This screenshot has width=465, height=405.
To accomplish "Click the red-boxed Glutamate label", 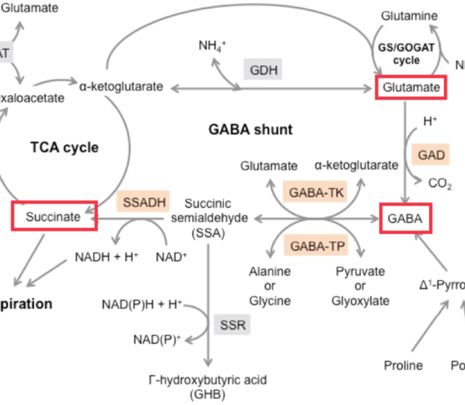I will point(410,87).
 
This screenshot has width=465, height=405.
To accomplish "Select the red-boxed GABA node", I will point(405,219).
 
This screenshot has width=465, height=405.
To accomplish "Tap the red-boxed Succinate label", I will point(54,217).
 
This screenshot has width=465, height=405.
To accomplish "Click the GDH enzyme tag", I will point(262,69).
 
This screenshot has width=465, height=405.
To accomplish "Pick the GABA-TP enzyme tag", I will point(315,246).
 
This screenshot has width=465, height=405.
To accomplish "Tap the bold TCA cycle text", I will point(64,147).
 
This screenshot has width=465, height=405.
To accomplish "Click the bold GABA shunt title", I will point(250,130).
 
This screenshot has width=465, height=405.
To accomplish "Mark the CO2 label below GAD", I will point(440,184).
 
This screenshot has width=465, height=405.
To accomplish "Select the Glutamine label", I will point(409,15).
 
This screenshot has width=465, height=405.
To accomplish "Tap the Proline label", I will point(403,365).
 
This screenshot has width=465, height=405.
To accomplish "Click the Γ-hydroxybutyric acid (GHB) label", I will point(207,386).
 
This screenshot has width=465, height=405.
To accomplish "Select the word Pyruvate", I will point(360,271).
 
